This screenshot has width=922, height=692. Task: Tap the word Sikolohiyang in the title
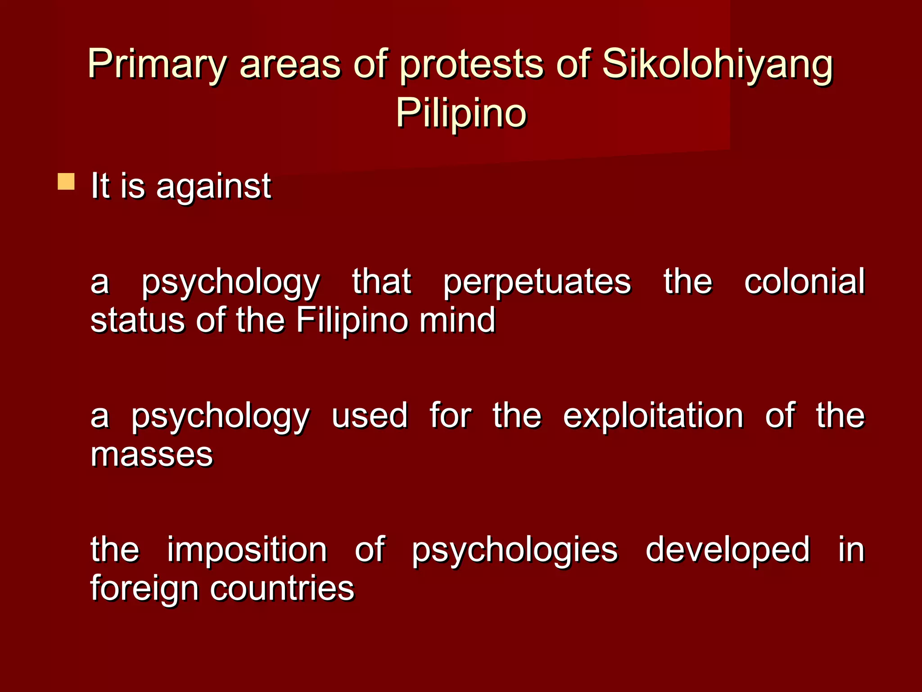pos(718,64)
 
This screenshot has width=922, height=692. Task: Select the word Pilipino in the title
pos(461,113)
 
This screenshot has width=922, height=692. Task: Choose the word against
pos(213,186)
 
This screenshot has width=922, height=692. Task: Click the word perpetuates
pos(537,282)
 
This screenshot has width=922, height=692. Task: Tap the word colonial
pos(804,281)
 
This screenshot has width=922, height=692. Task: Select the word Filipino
pos(352,320)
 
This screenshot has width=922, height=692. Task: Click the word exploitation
pos(653,415)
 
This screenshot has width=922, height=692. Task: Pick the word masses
pos(152,455)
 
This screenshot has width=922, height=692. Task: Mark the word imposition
pos(247,550)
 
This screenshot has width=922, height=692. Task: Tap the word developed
pos(728,550)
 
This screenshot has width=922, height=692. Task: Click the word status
pos(137,320)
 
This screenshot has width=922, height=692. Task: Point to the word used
pos(370,415)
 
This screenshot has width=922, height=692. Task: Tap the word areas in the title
pos(290,64)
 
